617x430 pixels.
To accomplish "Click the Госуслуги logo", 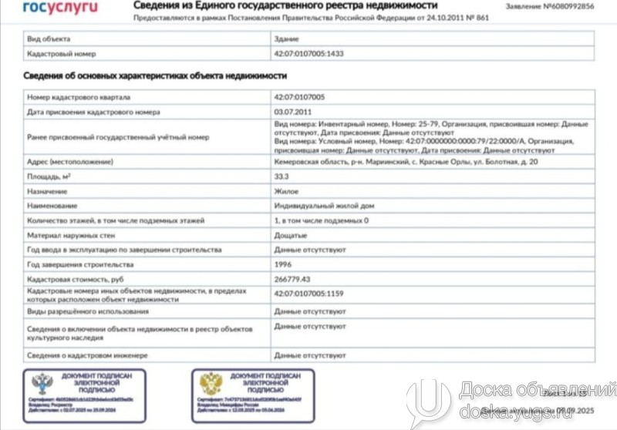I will (x=60, y=8).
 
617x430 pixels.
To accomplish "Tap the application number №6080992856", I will (x=551, y=6).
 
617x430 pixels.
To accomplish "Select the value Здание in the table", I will (x=288, y=39).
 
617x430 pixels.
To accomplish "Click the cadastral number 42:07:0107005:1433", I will (x=308, y=54).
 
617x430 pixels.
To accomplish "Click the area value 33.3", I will (x=282, y=176).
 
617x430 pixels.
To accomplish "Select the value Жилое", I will (x=287, y=191).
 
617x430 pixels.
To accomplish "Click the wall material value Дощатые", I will (x=289, y=235).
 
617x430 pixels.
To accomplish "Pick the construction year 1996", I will (x=283, y=264).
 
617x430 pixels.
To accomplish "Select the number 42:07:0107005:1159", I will (x=308, y=294).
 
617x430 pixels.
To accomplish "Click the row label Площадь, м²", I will (x=49, y=176).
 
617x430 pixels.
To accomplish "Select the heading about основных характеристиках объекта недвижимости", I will (x=154, y=76).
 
